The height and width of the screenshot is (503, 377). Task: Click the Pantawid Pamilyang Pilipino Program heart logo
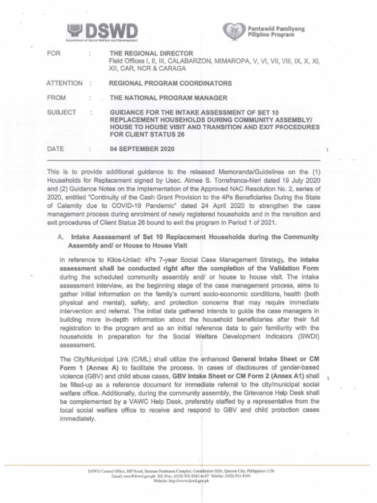click(231, 32)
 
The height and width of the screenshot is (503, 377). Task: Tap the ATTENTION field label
click(64, 84)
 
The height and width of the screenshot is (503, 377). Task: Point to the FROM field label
click(56, 98)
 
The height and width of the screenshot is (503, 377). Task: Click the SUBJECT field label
click(61, 112)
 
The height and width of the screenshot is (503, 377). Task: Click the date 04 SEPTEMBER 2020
click(141, 148)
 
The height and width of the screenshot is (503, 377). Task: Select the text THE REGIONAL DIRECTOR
click(151, 53)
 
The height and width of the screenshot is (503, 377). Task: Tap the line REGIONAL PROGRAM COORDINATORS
click(170, 84)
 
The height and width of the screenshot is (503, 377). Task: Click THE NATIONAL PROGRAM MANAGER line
click(168, 98)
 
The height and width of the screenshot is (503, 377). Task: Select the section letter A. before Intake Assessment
click(61, 236)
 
